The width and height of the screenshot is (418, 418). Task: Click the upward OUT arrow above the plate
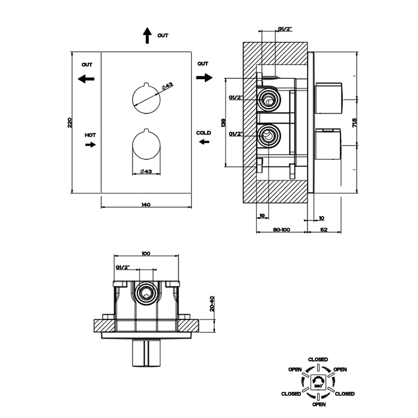click(147, 35)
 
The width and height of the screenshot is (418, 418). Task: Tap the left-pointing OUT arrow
click(86, 78)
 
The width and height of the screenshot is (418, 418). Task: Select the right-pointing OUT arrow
click(204, 77)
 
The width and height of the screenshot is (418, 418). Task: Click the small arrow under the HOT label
click(90, 145)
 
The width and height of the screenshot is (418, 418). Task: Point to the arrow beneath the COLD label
click(204, 142)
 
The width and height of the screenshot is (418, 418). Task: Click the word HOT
click(90, 136)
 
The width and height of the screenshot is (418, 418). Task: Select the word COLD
click(203, 132)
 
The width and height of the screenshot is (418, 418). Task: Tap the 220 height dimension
click(69, 122)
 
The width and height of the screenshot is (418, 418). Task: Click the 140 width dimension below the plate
click(146, 205)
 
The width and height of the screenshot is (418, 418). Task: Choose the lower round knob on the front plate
click(146, 145)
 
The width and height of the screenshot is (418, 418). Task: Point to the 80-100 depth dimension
click(281, 229)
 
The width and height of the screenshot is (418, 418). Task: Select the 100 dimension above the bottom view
click(146, 253)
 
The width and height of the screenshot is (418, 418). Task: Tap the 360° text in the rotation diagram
click(318, 387)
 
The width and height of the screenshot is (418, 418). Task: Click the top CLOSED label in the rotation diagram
click(318, 359)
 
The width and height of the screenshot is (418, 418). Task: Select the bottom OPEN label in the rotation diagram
click(318, 404)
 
